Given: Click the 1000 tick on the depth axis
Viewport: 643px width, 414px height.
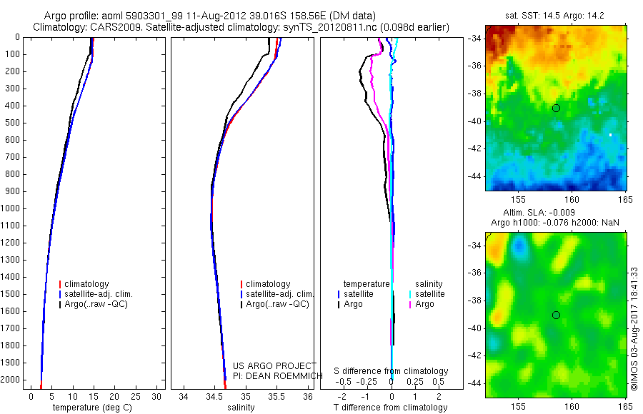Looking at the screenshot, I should [12, 208].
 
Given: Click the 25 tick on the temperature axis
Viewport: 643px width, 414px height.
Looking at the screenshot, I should [135, 396].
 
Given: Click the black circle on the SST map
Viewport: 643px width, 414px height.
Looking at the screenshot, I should [556, 108].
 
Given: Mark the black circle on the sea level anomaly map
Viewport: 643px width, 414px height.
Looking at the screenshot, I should [556, 315].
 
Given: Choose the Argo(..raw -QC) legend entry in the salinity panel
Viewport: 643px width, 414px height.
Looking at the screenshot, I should [277, 304].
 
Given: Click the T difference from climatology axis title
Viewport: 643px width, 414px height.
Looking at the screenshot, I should [390, 408].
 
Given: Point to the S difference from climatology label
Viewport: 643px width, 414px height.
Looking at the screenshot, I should [392, 371].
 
